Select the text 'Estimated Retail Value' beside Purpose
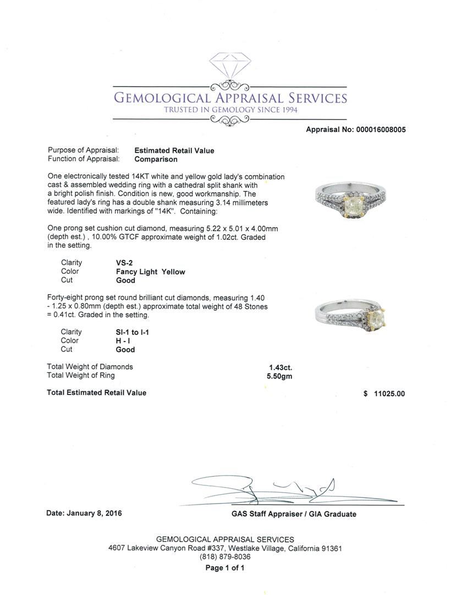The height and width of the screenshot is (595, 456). [x=174, y=150]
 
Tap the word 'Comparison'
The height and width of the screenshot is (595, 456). [x=156, y=159]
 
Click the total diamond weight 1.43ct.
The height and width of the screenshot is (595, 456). [x=281, y=367]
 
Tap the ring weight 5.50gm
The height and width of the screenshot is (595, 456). [x=279, y=376]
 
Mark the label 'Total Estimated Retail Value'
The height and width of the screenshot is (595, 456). [x=97, y=393]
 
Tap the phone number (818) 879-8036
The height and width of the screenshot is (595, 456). [x=225, y=557]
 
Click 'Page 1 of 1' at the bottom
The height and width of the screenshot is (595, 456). [x=225, y=568]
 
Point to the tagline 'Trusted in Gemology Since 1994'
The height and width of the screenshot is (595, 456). [x=230, y=110]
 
